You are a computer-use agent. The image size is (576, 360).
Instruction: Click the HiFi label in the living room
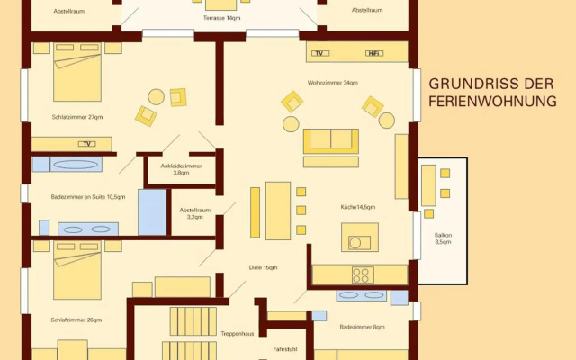[x=374, y=53]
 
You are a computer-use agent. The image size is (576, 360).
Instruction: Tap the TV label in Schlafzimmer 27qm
[x=87, y=144]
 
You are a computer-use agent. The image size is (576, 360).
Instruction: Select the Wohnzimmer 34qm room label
[x=333, y=83]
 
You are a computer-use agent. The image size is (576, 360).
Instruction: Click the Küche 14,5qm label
[x=358, y=207]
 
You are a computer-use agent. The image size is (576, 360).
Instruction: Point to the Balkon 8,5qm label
[x=443, y=238]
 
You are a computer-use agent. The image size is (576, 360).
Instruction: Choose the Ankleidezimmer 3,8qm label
[x=181, y=169]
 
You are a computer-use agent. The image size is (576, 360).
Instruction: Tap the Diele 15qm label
[x=263, y=267]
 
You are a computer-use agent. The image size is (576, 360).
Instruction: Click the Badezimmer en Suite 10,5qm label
[x=88, y=197]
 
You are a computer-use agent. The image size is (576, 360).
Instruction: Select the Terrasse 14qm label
[x=222, y=18]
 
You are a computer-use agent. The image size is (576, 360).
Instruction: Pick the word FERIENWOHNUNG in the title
[x=492, y=101]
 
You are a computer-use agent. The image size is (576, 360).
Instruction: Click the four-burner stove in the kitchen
[x=363, y=274]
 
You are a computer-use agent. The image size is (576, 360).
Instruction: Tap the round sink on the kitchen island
[x=355, y=243]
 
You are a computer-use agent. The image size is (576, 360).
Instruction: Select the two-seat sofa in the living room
[x=331, y=141]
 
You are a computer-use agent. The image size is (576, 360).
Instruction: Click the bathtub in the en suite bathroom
[x=76, y=164]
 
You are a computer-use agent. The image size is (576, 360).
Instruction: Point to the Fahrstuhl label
[x=285, y=349]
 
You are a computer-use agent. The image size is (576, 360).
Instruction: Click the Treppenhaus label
[x=238, y=334]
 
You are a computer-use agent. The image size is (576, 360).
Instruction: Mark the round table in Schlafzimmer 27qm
[x=156, y=97]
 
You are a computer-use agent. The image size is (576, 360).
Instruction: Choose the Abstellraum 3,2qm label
[x=195, y=213]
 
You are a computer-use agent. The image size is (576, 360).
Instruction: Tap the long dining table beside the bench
[x=278, y=211]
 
